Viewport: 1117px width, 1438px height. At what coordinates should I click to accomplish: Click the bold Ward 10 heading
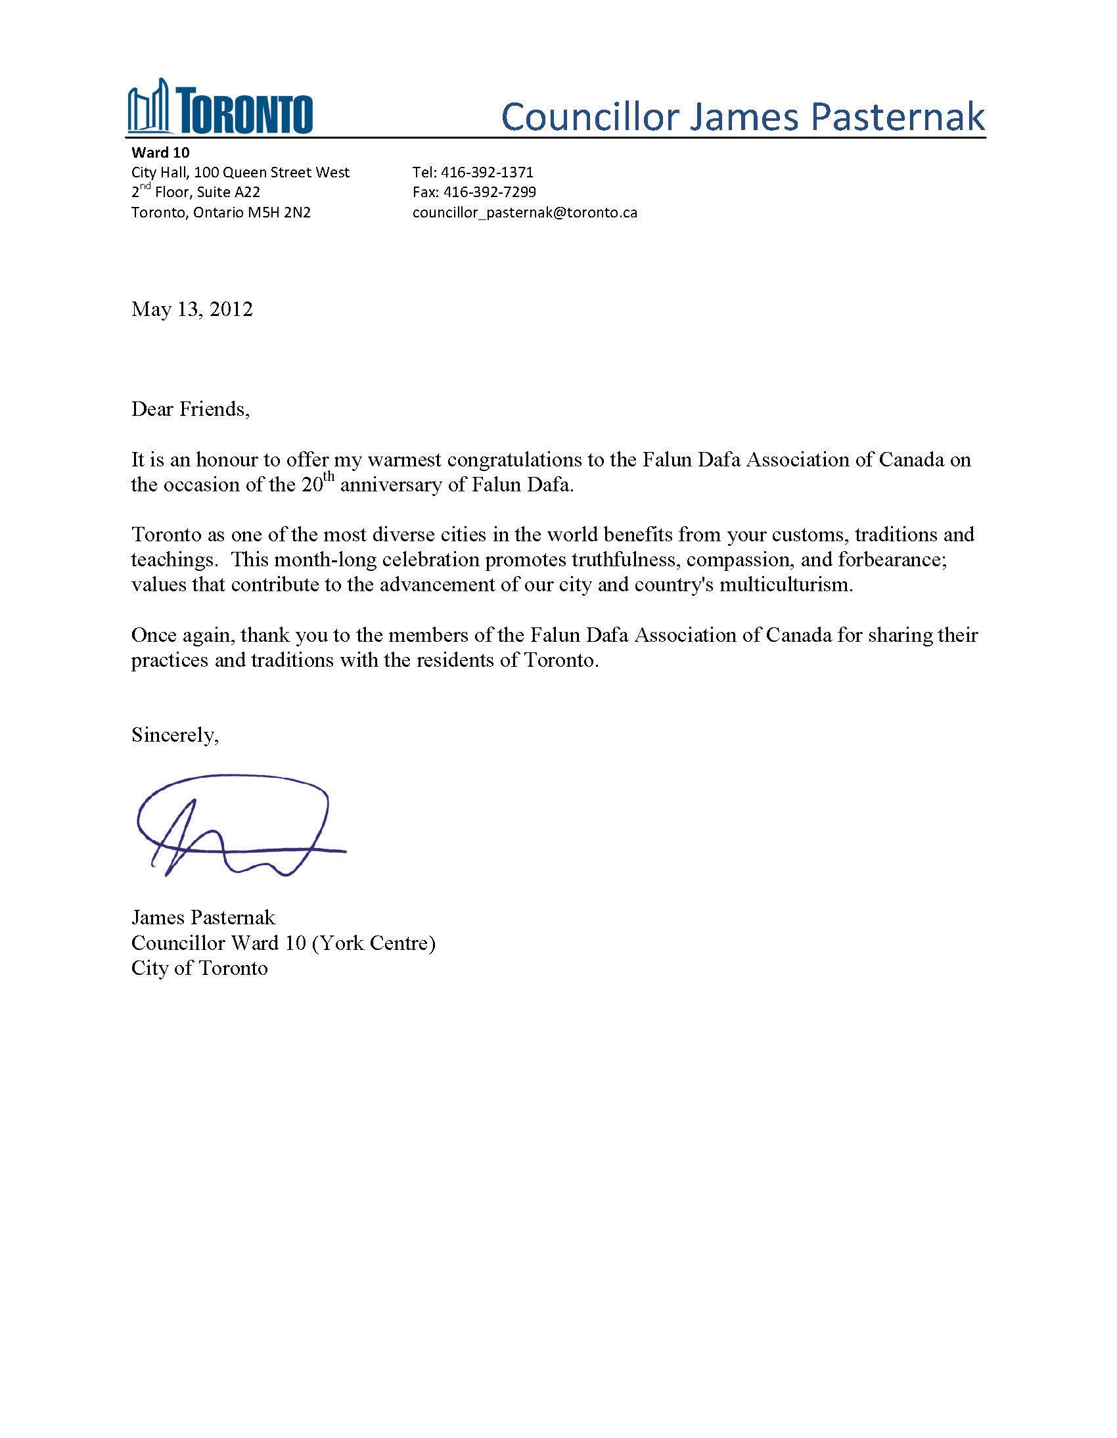click(160, 153)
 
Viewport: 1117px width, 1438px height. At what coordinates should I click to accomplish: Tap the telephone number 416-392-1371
click(487, 173)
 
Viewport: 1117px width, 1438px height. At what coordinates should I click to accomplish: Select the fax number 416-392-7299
click(490, 192)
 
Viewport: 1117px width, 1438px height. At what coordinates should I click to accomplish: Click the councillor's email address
click(524, 213)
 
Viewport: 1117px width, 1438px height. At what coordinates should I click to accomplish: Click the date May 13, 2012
click(192, 309)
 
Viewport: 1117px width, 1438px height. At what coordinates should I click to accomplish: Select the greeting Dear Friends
click(191, 409)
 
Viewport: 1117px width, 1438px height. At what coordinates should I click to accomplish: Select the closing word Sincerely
click(175, 735)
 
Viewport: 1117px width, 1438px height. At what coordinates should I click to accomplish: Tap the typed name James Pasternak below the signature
click(203, 917)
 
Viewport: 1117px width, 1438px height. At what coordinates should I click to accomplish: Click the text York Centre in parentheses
click(373, 943)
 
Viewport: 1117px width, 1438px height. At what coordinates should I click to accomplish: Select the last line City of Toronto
click(200, 968)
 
